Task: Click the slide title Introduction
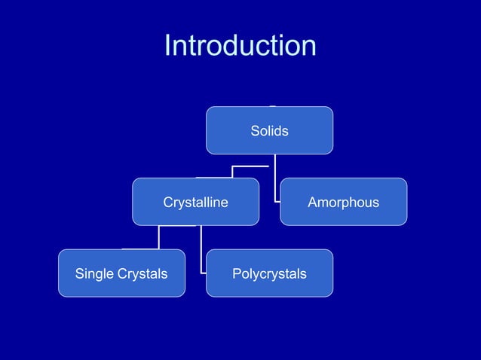(240, 46)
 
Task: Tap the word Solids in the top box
(269, 131)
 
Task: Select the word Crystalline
(195, 203)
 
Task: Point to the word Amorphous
(343, 203)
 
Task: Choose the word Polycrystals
(269, 273)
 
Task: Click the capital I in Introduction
(167, 46)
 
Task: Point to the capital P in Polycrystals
(236, 273)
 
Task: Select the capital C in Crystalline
(167, 203)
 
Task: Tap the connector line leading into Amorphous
(275, 181)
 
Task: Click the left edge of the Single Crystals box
(59, 273)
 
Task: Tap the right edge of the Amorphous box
(407, 202)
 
